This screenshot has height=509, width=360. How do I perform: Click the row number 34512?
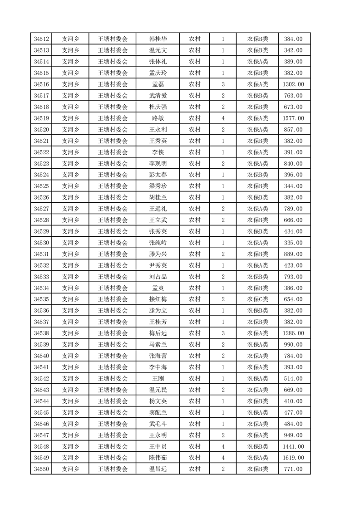pos(41,39)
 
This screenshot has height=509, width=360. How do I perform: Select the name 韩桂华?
pos(158,39)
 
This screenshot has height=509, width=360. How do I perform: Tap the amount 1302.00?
pos(293,84)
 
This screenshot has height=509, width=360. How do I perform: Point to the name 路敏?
pos(158,118)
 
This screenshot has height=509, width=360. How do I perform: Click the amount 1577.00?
pos(293,118)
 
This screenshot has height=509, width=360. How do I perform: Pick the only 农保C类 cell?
pos(257,299)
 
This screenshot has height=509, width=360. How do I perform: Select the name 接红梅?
pos(158,299)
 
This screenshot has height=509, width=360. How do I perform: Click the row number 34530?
pos(41,243)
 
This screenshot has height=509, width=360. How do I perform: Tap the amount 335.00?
pos(293,243)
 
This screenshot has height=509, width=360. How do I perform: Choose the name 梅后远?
pos(158,333)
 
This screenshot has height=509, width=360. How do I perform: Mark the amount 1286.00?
pos(293,333)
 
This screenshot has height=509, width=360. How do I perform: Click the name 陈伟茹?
pos(158,458)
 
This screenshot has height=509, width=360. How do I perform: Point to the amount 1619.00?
pos(293,458)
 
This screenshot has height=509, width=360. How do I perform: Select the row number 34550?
pos(41,469)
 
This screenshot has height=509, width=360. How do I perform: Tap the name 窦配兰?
pos(158,412)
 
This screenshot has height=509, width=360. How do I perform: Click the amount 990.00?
pos(293,345)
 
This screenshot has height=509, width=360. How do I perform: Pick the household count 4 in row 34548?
pos(223,446)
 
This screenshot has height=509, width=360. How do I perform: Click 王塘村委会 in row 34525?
pos(113,186)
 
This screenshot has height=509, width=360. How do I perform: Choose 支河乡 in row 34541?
pos(70,367)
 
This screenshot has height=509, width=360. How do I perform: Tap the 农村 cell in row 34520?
pos(194,130)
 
